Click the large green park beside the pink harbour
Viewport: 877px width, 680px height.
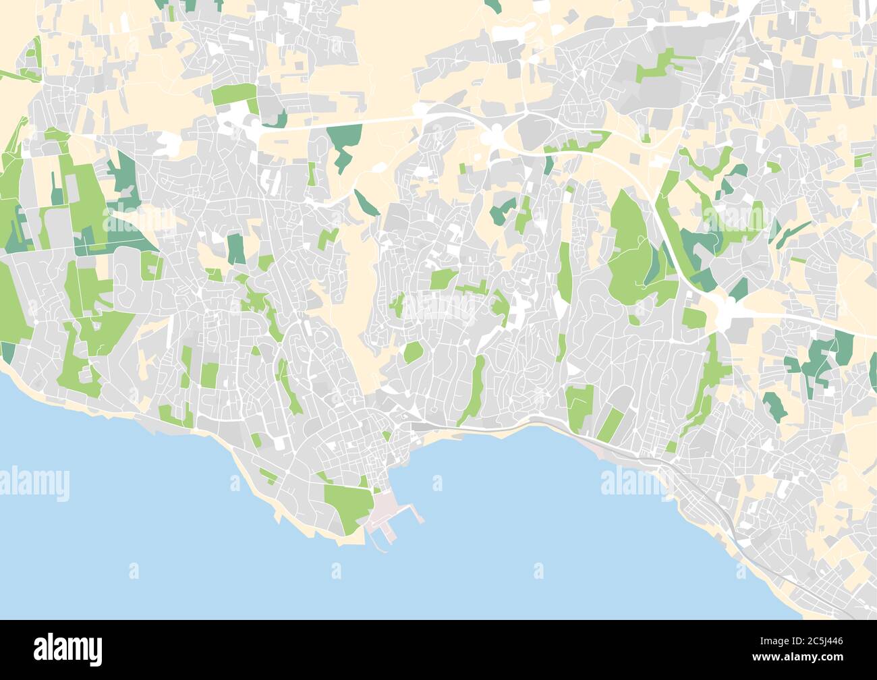(348, 503)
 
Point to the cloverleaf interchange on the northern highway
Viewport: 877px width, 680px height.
(497, 135)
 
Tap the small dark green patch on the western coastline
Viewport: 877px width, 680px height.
(8, 351)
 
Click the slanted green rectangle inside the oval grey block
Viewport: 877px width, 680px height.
(611, 422)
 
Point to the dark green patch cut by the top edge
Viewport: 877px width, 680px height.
(494, 5)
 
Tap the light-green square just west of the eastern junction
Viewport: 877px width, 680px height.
(694, 317)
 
